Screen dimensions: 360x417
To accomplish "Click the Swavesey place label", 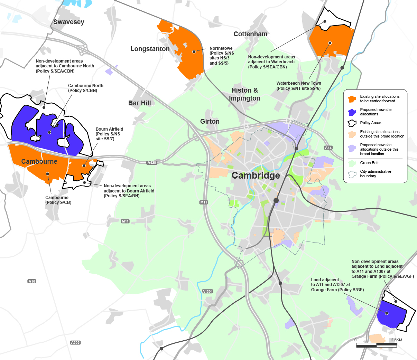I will pyautogui.click(x=68, y=22).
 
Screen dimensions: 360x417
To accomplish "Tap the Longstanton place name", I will pyautogui.click(x=150, y=49).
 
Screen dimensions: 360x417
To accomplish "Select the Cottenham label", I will pyautogui.click(x=250, y=34).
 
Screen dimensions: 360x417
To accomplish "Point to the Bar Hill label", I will pyautogui.click(x=139, y=103).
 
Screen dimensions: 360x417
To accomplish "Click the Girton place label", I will pyautogui.click(x=210, y=121).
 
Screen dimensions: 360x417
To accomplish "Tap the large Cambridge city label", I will pyautogui.click(x=256, y=176).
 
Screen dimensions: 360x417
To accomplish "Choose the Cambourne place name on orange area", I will pyautogui.click(x=39, y=161).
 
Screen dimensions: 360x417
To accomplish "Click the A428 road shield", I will pyautogui.click(x=152, y=163).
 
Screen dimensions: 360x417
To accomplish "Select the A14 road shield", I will pyautogui.click(x=328, y=148).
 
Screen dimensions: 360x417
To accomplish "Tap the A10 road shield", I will pyautogui.click(x=32, y=282).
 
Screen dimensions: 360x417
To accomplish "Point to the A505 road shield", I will pyautogui.click(x=75, y=343).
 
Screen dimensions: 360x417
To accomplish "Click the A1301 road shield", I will pyautogui.click(x=207, y=292).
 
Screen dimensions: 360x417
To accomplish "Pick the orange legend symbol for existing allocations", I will pyautogui.click(x=352, y=99).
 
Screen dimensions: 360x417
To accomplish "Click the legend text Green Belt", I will pyautogui.click(x=369, y=163).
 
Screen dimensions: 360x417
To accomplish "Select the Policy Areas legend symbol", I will pyautogui.click(x=352, y=123).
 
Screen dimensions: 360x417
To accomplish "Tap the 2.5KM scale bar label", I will pyautogui.click(x=396, y=340).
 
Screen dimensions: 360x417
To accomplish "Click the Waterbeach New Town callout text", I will pyautogui.click(x=299, y=86).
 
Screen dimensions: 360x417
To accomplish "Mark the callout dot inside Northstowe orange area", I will pyautogui.click(x=194, y=51).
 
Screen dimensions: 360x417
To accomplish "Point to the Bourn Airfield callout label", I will pyautogui.click(x=109, y=134).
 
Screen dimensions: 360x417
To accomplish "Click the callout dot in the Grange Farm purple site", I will pyautogui.click(x=387, y=313).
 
